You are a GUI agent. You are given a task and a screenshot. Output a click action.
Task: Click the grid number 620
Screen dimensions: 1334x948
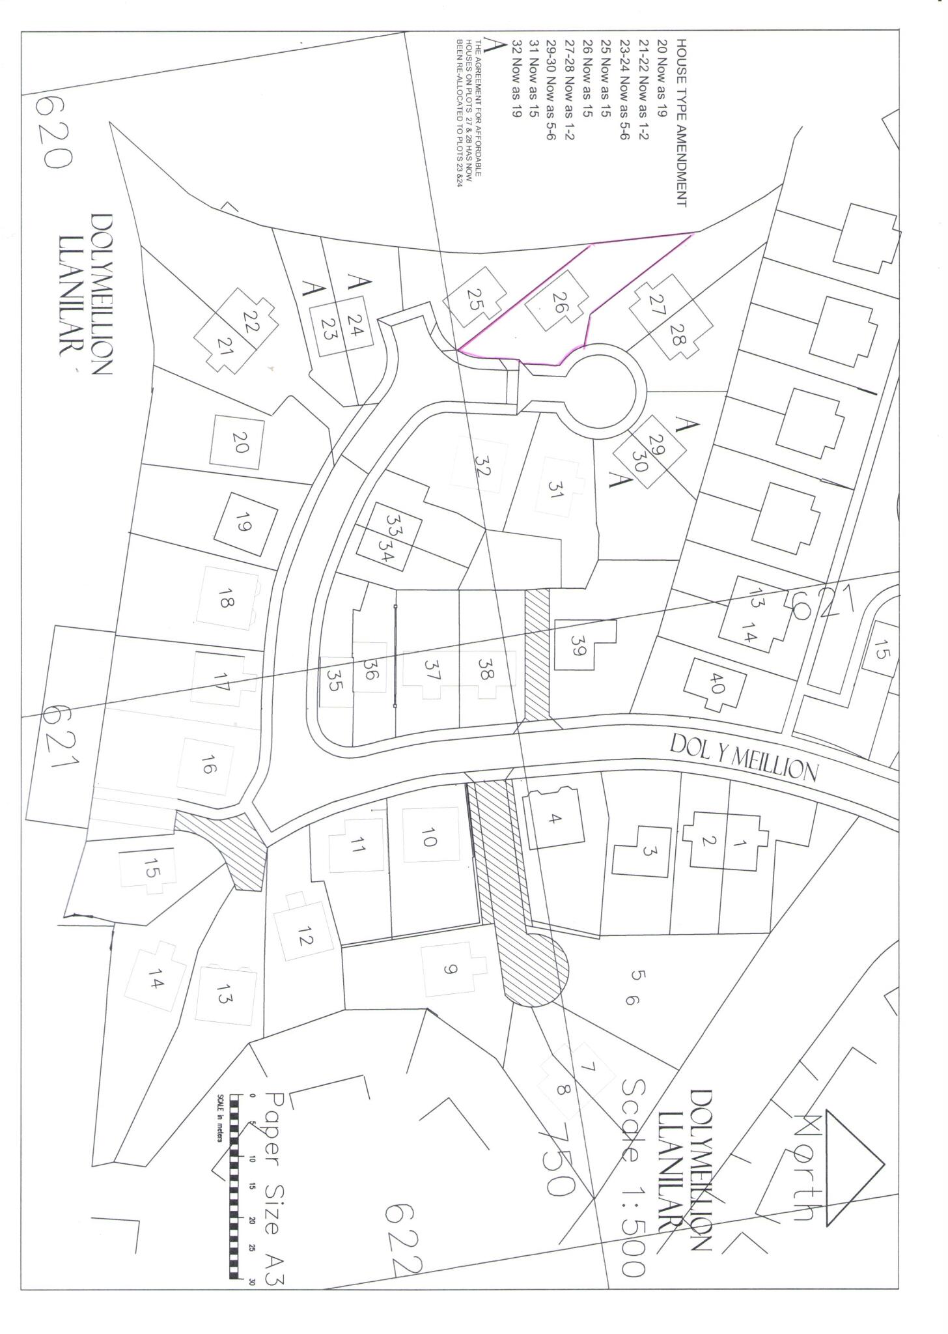click(x=54, y=131)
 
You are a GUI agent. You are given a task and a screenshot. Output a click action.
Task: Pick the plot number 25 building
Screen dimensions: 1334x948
click(x=474, y=298)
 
